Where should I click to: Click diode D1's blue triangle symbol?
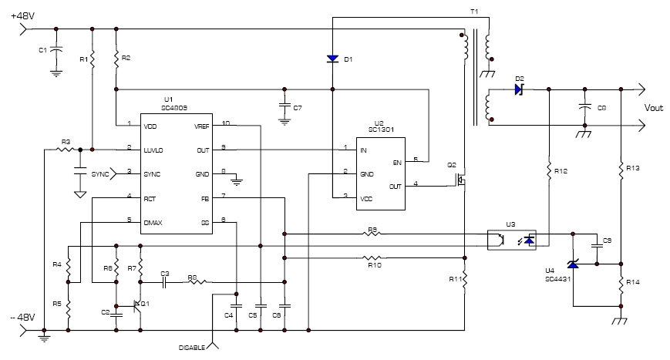pos(332,59)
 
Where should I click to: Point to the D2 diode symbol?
pos(520,89)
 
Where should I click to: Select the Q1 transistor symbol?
pos(138,306)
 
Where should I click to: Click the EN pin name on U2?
pos(398,163)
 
